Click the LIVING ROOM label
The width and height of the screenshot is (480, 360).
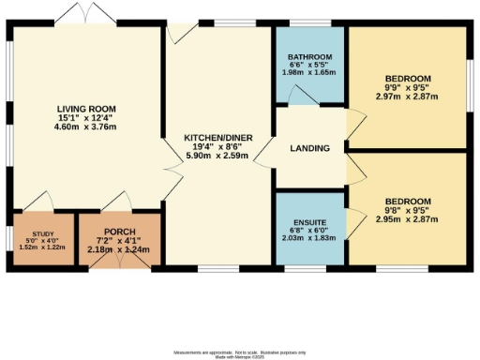[x=79, y=109]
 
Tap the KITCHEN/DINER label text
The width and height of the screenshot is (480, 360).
[x=217, y=137]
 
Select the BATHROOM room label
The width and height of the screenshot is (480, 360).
[x=309, y=57]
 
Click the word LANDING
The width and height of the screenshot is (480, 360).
[x=309, y=146]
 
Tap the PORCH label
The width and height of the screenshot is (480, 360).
[x=116, y=232]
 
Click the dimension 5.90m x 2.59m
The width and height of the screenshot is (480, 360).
[x=217, y=156]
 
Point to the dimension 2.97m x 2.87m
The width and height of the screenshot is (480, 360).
[x=407, y=96]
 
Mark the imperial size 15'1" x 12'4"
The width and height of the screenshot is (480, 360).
[x=79, y=118]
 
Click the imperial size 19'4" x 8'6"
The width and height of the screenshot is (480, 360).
[x=217, y=146]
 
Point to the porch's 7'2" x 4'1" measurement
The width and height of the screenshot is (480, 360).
[x=116, y=242]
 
